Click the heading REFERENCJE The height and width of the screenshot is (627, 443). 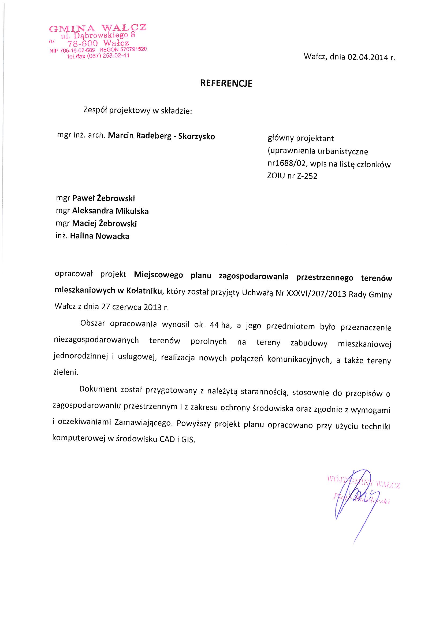(x=226, y=83)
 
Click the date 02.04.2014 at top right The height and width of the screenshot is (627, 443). (x=367, y=57)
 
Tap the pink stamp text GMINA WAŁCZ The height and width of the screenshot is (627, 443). (x=98, y=28)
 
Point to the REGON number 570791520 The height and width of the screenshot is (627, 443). (x=133, y=49)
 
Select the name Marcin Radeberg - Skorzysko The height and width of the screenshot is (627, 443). (x=161, y=136)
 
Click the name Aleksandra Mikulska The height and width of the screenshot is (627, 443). (x=110, y=211)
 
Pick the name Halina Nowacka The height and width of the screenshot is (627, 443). (x=100, y=236)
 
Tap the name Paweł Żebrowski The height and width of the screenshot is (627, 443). (x=103, y=198)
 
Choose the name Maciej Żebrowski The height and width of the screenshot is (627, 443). (x=104, y=224)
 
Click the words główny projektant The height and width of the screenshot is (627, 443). (x=300, y=138)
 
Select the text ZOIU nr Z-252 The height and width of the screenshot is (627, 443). (x=292, y=176)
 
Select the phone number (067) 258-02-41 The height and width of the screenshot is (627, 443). (x=108, y=56)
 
